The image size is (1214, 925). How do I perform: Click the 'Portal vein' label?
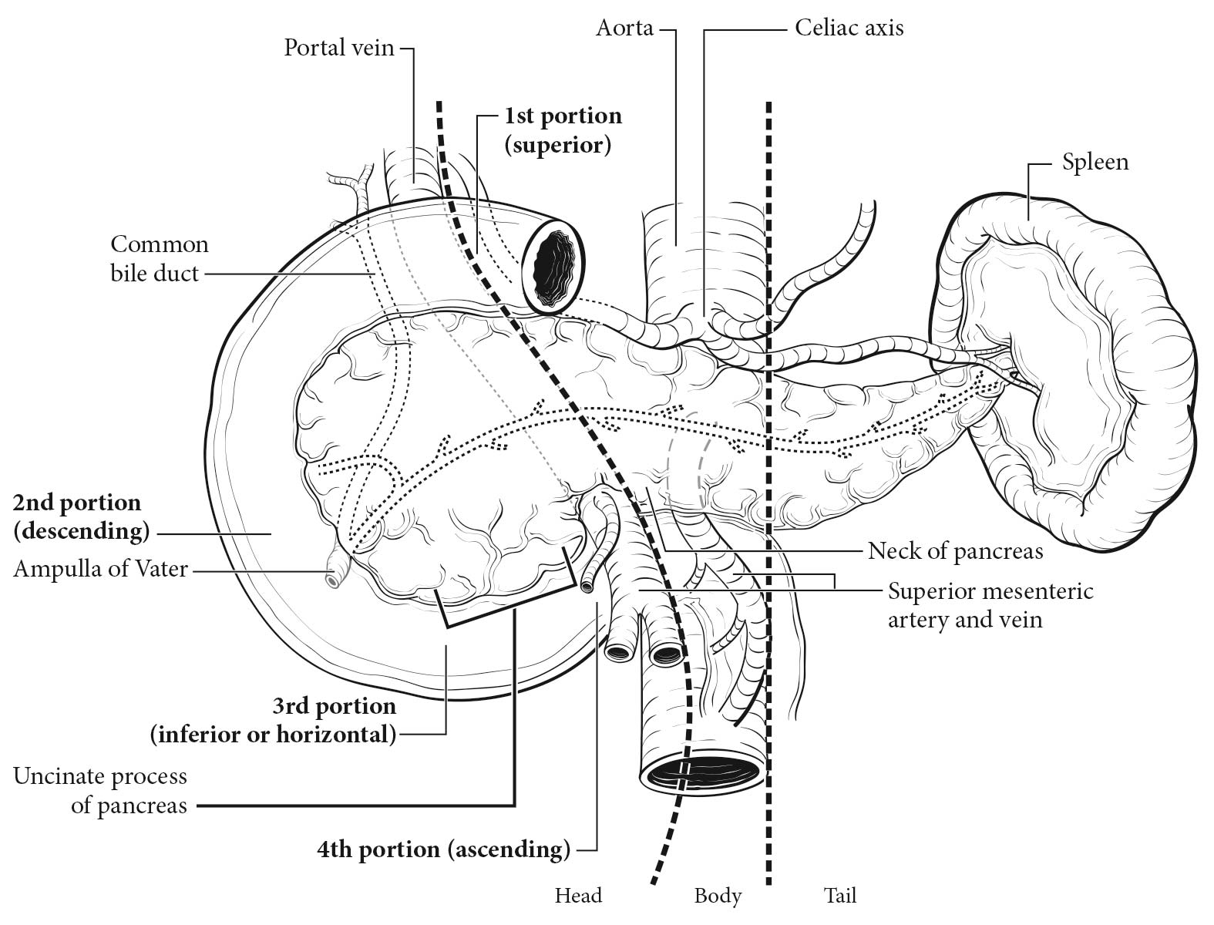tap(338, 48)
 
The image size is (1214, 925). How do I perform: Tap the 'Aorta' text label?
tap(624, 29)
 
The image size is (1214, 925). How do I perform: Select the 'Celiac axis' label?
tap(849, 29)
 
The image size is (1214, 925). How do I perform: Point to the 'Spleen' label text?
tap(1095, 163)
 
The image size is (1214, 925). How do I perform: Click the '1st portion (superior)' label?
tap(563, 130)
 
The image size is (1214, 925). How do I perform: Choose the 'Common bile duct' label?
tap(160, 259)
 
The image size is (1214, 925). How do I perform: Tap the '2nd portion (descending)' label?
tap(81, 517)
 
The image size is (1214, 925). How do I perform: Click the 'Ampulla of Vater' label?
tap(101, 569)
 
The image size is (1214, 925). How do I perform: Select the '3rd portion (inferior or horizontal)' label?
tap(274, 721)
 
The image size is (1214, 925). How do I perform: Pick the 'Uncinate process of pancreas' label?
tap(101, 791)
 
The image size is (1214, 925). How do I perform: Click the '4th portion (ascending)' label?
tap(443, 849)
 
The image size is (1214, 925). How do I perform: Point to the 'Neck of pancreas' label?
tap(955, 551)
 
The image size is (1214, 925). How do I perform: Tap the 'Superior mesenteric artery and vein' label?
tap(990, 605)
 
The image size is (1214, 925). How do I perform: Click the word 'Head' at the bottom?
tap(578, 896)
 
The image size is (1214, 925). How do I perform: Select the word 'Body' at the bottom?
tap(718, 896)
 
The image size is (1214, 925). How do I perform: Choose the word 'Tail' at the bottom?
tap(840, 896)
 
